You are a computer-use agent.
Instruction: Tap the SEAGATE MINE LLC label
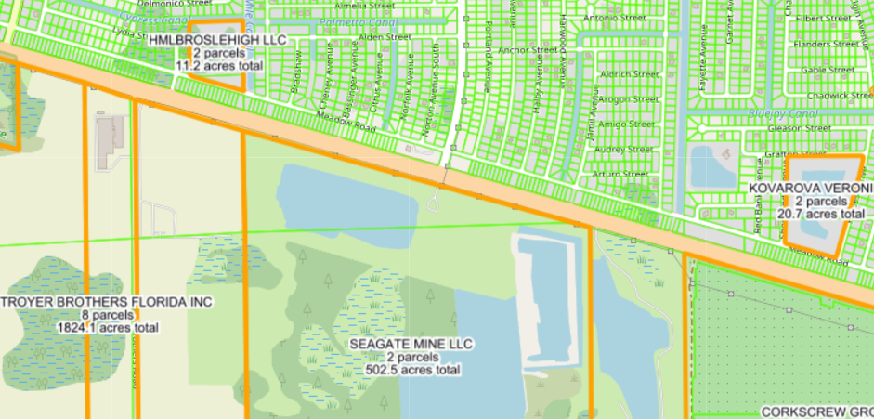(411, 345)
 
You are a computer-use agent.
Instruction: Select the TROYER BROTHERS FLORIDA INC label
(107, 303)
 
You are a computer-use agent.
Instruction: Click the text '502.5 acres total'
(413, 370)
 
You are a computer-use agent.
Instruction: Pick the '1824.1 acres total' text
(108, 328)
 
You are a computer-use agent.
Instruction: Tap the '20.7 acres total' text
(820, 214)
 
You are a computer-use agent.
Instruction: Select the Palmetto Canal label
(359, 22)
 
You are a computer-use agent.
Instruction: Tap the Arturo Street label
(620, 174)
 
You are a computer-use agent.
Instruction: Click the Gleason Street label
(798, 128)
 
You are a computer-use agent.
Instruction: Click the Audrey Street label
(623, 149)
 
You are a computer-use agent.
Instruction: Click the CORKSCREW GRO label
(816, 411)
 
